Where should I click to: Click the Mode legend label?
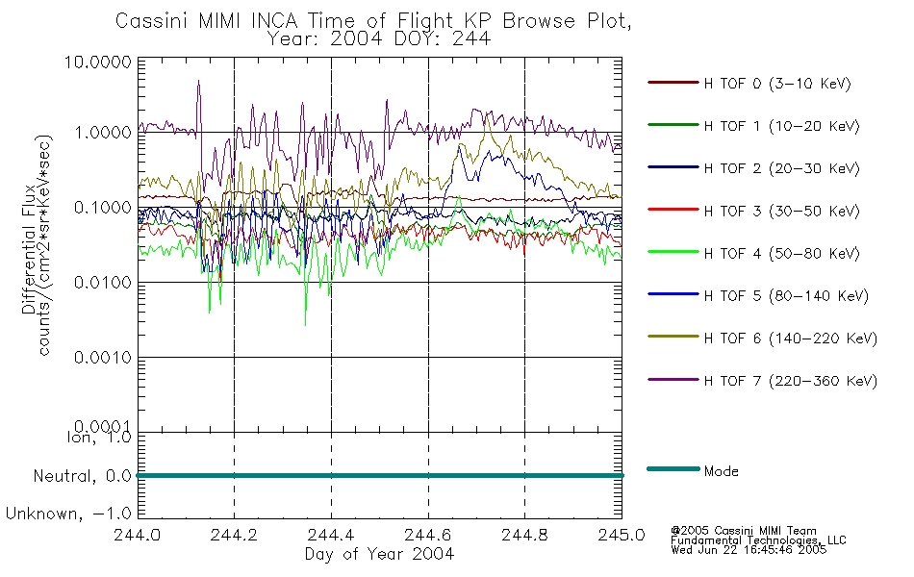[x=721, y=471]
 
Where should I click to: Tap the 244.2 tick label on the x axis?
[x=234, y=535]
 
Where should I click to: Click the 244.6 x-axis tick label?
[x=427, y=535]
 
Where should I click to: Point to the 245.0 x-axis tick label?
[x=622, y=535]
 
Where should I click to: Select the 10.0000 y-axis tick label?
[x=98, y=62]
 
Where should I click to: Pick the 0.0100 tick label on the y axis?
[x=103, y=283]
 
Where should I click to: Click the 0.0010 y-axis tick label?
[x=103, y=358]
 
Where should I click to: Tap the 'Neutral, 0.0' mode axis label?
[x=82, y=477]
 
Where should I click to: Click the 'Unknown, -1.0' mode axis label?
[x=68, y=514]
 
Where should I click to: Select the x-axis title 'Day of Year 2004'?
[x=379, y=554]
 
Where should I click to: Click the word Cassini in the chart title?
[x=152, y=21]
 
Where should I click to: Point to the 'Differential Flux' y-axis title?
[x=29, y=249]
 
